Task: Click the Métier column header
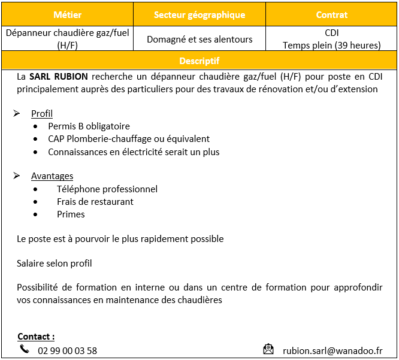pyautogui.click(x=67, y=14)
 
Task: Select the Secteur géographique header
pyautogui.click(x=199, y=14)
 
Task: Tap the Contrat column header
pyautogui.click(x=331, y=14)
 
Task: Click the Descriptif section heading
pyautogui.click(x=199, y=61)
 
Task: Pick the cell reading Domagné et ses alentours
pyautogui.click(x=199, y=40)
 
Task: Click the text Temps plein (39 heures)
pyautogui.click(x=331, y=46)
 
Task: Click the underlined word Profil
pyautogui.click(x=42, y=114)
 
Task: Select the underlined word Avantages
pyautogui.click(x=52, y=176)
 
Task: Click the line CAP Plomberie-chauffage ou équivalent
pyautogui.click(x=129, y=139)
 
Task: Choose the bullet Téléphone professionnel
pyautogui.click(x=107, y=189)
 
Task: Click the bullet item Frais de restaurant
pyautogui.click(x=95, y=202)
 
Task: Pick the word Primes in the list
pyautogui.click(x=71, y=214)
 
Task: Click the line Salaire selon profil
pyautogui.click(x=55, y=264)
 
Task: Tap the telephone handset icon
pyautogui.click(x=25, y=349)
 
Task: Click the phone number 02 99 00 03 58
pyautogui.click(x=67, y=351)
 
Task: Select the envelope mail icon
pyautogui.click(x=268, y=349)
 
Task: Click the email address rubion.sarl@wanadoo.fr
pyautogui.click(x=332, y=351)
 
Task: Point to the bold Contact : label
pyautogui.click(x=36, y=337)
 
